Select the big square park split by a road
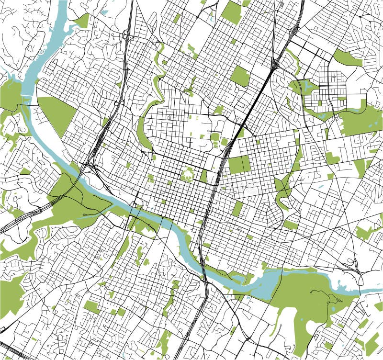pos(239,164)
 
